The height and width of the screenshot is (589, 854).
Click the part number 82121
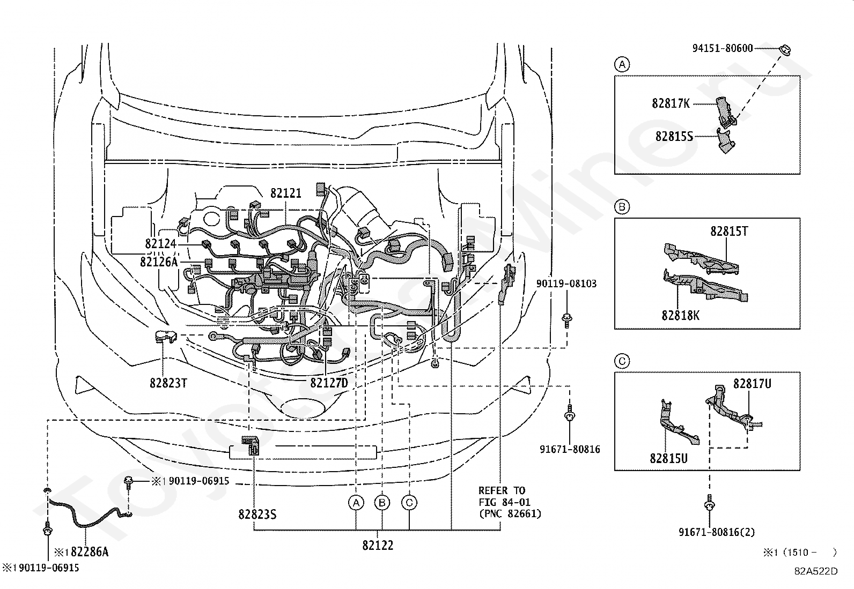point(286,193)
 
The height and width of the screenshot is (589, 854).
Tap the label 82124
point(160,243)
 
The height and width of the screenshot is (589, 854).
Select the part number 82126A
point(159,262)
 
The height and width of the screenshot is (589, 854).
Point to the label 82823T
point(168,383)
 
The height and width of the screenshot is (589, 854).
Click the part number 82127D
point(329,383)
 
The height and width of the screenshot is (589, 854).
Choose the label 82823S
point(257,515)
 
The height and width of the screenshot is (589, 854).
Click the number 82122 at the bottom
point(378,545)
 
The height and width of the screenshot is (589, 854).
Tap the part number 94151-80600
point(723,48)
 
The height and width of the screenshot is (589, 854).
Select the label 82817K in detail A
point(671,103)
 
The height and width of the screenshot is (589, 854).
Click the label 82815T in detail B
point(730,231)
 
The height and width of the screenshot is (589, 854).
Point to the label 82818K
point(681,316)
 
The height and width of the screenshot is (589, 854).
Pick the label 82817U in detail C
point(752,384)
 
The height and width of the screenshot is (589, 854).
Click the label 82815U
point(669,458)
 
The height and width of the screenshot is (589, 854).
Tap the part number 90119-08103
point(566,284)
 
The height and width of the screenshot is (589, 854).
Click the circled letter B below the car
point(382,503)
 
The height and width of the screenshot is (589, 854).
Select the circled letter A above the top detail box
point(622,64)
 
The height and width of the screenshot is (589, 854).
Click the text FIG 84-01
point(504,502)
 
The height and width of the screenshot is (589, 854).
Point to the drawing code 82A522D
point(816,571)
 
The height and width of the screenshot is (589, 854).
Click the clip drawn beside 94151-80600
point(786,50)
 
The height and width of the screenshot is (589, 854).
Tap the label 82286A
point(90,551)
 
